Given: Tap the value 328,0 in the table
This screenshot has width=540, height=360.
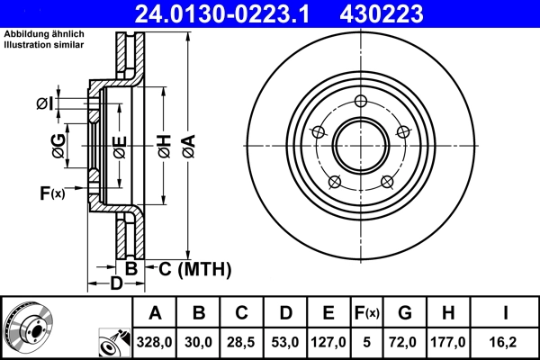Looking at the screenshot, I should [155, 342].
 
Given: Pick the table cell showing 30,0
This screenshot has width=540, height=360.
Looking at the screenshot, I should [199, 342].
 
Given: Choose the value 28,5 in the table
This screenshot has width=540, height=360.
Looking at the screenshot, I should [242, 342].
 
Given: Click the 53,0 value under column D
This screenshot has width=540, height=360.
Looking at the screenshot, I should [285, 342].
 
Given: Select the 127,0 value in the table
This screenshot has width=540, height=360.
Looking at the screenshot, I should [328, 342].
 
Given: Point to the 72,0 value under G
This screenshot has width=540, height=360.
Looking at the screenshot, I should [404, 342].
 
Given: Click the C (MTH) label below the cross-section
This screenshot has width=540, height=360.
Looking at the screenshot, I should [195, 268].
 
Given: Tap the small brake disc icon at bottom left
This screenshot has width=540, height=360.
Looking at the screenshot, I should [27, 328].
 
